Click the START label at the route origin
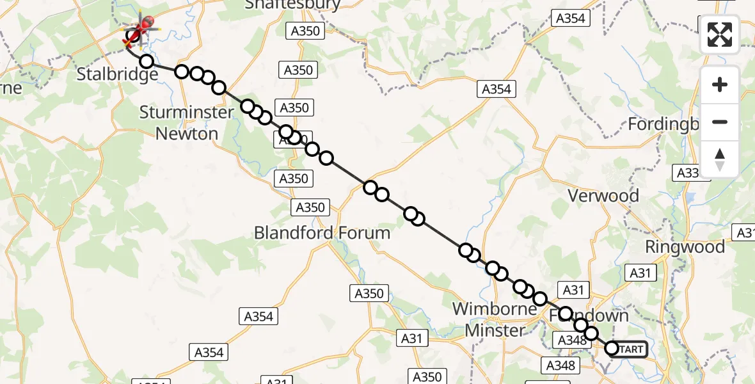[x=632, y=349]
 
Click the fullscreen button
[x=720, y=35]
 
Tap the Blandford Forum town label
[x=322, y=232]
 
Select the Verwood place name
[x=603, y=196]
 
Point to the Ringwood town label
[x=685, y=247]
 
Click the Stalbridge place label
[x=117, y=75]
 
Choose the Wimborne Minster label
[x=495, y=319]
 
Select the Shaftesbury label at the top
[x=292, y=5]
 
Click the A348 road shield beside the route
[x=572, y=340]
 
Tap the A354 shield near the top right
[x=570, y=19]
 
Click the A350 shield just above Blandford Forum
[x=310, y=207]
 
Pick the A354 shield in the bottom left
[x=209, y=351]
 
